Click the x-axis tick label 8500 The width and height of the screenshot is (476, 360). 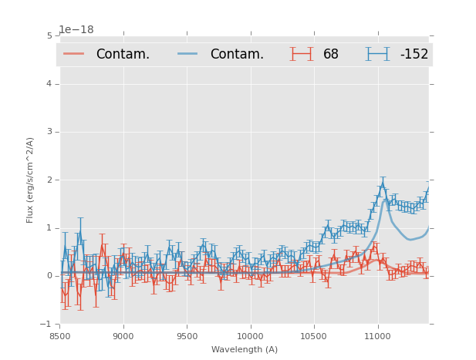tap(60, 336)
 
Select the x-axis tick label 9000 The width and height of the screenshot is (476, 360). tap(123, 336)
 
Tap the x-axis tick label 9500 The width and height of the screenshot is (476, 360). tap(187, 336)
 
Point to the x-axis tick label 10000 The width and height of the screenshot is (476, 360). tap(250, 336)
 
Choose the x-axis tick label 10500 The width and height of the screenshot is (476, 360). tap(313, 336)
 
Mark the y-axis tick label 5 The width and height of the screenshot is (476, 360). tap(49, 35)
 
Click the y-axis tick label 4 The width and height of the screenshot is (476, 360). tap(49, 83)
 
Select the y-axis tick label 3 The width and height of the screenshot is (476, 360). tap(49, 132)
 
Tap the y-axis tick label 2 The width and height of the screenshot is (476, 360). tap(49, 180)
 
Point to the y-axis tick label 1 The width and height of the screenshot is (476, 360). tap(49, 227)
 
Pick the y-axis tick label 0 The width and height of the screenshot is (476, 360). tap(49, 276)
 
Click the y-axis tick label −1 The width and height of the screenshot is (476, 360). tap(47, 324)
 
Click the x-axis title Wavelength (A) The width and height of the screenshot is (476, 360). tap(245, 350)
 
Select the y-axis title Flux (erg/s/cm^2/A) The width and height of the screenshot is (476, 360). tap(31, 180)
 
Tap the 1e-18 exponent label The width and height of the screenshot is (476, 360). tap(76, 30)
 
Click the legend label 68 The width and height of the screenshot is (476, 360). tap(331, 55)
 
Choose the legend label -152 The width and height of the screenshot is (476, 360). tap(414, 55)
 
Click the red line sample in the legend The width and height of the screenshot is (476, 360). tap(74, 54)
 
